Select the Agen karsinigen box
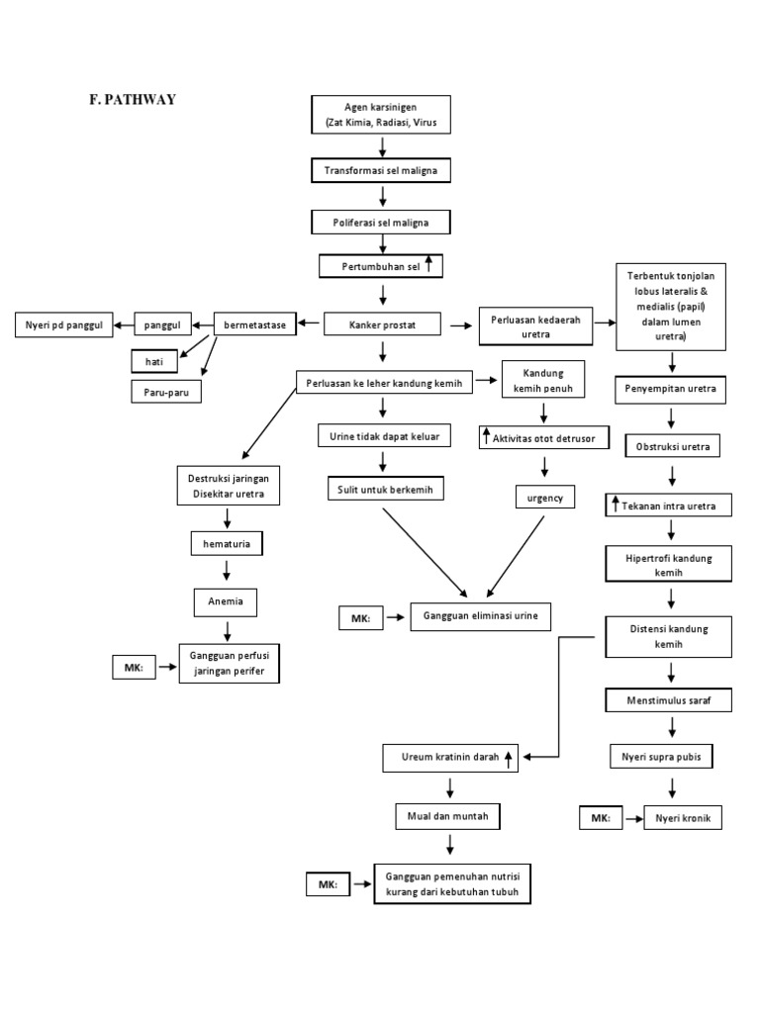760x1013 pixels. point(381,114)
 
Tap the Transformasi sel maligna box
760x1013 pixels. point(381,171)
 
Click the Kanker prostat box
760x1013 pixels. point(381,323)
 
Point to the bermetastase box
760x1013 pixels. point(255,323)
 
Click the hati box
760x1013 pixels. point(153,362)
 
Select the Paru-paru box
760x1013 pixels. point(166,392)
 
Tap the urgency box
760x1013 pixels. point(545,499)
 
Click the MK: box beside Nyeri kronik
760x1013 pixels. point(601,818)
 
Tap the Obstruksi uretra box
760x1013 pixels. point(672,447)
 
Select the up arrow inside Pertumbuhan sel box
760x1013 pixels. point(428,265)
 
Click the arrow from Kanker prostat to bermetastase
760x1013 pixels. point(311,323)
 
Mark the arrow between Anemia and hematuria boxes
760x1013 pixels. point(228,571)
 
